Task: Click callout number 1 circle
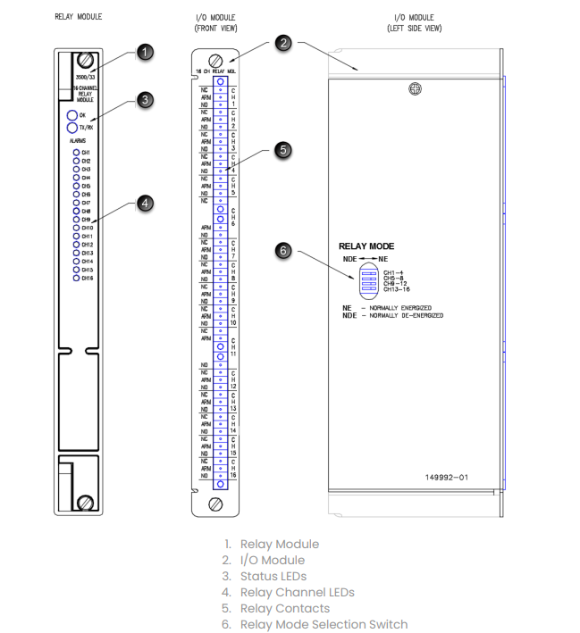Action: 146,53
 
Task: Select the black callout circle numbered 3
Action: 146,100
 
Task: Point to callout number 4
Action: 146,204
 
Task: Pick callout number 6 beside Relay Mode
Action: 284,251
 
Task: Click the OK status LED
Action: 71,116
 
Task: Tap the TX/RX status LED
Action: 71,128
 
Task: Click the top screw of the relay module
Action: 86,62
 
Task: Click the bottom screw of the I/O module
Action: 214,504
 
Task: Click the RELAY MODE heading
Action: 366,246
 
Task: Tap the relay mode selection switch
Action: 367,279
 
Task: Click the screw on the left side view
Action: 414,88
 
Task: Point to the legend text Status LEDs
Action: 273,576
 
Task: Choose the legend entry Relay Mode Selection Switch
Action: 324,624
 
